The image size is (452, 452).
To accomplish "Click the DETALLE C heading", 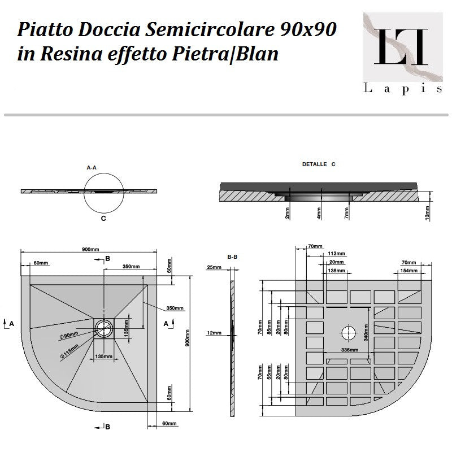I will [x=319, y=164].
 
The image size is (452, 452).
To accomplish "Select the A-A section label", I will [x=92, y=168].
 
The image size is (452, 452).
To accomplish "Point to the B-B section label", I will [x=232, y=257].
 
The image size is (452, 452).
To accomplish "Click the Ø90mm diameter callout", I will [x=69, y=336].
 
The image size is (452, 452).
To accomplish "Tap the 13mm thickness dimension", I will [x=427, y=212].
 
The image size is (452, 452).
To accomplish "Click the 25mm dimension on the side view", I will [x=214, y=267].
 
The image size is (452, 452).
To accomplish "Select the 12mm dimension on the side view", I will [x=214, y=333].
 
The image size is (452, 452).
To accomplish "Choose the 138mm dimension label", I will [x=336, y=271].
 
